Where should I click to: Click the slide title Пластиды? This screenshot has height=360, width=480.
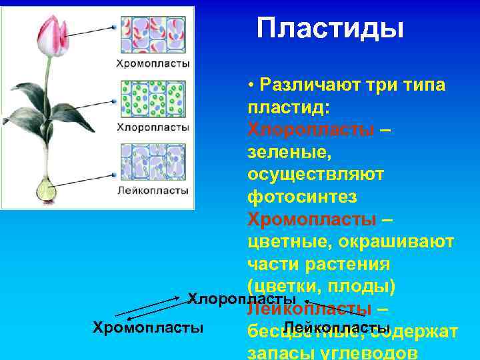pyautogui.click(x=330, y=29)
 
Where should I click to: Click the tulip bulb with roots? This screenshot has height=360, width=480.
pyautogui.click(x=47, y=191)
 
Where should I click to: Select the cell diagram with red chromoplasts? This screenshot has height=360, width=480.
pyautogui.click(x=153, y=35)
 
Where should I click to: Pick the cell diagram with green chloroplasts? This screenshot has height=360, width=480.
pyautogui.click(x=153, y=99)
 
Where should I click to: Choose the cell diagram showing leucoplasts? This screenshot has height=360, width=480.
pyautogui.click(x=153, y=162)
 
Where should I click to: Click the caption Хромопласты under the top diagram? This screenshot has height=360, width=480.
pyautogui.click(x=153, y=64)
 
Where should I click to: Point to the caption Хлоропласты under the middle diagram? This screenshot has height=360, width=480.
pyautogui.click(x=153, y=127)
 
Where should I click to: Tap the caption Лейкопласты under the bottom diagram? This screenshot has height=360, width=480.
pyautogui.click(x=153, y=191)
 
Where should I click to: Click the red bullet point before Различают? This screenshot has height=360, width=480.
pyautogui.click(x=250, y=86)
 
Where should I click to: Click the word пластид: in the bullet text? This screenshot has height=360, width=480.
pyautogui.click(x=287, y=107)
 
